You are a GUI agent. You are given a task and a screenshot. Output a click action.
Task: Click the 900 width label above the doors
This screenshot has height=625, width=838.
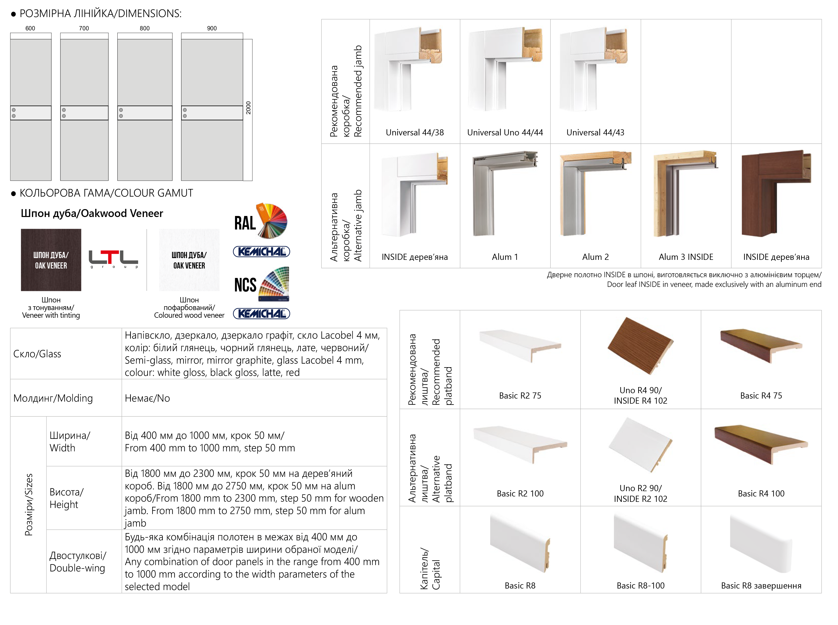(212, 28)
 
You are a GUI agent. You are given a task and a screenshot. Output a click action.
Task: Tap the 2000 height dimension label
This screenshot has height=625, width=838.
(248, 108)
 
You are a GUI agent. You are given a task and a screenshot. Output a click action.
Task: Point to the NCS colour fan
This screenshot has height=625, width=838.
(273, 284)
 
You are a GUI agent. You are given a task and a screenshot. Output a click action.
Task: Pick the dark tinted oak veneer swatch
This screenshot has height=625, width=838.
(51, 260)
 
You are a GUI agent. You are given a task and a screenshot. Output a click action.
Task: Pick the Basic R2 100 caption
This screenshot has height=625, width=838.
(520, 493)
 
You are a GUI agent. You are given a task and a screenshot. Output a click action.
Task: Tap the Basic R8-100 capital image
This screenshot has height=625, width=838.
(640, 543)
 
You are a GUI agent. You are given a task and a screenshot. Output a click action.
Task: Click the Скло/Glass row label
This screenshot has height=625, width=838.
(37, 354)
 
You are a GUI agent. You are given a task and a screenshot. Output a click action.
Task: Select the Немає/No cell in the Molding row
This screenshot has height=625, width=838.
(147, 398)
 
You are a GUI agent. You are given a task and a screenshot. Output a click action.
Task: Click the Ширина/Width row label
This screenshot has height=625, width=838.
(70, 441)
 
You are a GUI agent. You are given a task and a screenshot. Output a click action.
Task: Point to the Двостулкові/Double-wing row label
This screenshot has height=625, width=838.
(78, 562)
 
